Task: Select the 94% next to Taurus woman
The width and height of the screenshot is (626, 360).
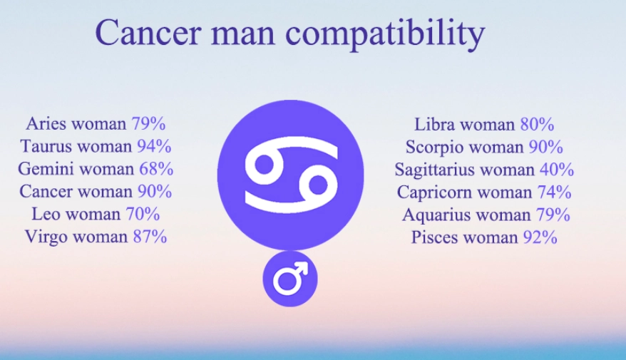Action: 153,147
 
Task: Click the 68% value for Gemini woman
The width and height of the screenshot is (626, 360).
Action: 155,169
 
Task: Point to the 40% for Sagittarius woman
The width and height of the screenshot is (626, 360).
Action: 556,170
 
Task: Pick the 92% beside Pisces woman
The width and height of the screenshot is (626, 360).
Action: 539,237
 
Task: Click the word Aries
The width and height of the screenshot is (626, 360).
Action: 46,124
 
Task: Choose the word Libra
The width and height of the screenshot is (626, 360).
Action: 434,125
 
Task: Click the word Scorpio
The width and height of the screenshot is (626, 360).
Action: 433,148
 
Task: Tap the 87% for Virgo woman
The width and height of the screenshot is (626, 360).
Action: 150,237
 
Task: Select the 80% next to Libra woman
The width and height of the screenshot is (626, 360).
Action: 537,125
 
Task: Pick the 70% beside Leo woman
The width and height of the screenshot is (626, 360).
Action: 142,214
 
